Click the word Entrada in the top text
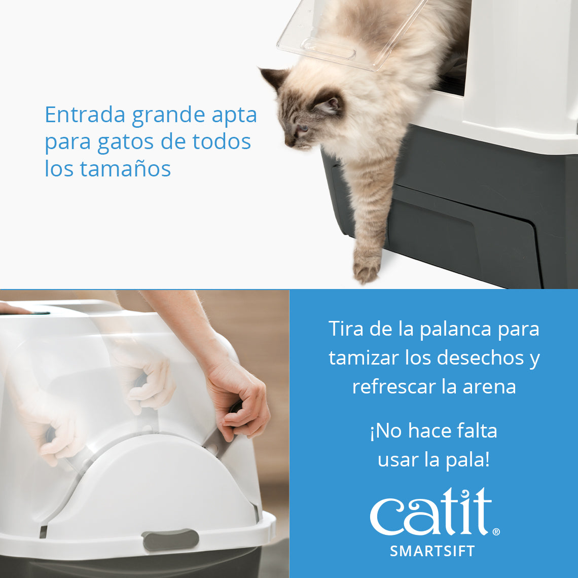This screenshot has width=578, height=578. [85, 115]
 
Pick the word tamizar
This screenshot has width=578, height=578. [364, 358]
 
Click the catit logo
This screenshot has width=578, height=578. [431, 512]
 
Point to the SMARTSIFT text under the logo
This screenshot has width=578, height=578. [432, 551]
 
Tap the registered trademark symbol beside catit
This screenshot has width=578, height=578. [496, 532]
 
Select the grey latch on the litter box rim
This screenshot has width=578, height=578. [170, 539]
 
